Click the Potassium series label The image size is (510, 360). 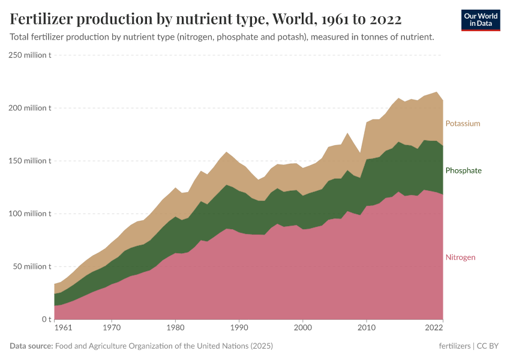(463, 124)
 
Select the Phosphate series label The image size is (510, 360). (463, 170)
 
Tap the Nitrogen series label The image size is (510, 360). (460, 257)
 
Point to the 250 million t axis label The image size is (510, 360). (30, 55)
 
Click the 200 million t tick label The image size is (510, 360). (30, 108)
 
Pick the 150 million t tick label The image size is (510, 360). (30, 161)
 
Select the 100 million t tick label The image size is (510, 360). (30, 214)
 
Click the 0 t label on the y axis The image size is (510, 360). (46, 319)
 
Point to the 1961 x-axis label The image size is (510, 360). (62, 328)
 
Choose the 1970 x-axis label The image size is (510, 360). (111, 328)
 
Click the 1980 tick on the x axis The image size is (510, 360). (175, 328)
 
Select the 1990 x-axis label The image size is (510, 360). (239, 328)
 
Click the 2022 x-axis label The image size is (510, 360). (434, 328)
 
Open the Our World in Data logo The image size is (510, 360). (481, 20)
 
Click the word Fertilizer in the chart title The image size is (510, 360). (44, 20)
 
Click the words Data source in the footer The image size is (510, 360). (31, 346)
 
